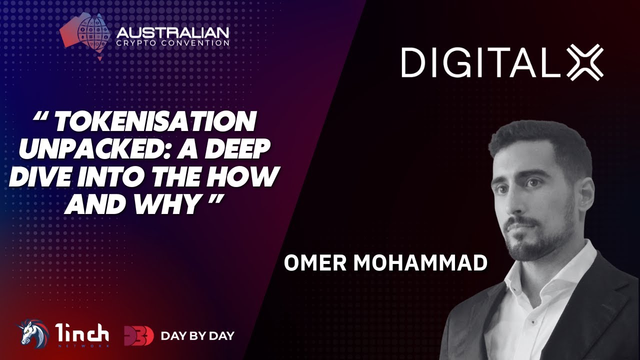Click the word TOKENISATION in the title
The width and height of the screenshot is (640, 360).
tap(154, 121)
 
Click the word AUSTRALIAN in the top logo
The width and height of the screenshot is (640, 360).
tap(172, 33)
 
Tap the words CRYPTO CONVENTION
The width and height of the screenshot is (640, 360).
tap(172, 43)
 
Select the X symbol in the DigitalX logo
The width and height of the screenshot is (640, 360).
tap(585, 62)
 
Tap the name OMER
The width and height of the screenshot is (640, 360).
tap(315, 263)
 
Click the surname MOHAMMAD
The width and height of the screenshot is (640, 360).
tap(420, 263)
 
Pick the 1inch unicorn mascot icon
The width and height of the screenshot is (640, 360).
tap(33, 334)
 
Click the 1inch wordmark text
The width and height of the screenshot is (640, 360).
tap(81, 333)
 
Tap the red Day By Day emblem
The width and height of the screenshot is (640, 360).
tap(139, 335)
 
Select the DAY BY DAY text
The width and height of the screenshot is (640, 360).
tap(197, 336)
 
